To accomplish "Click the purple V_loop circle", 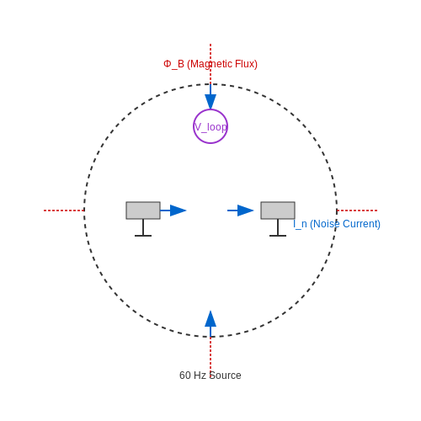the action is click(x=210, y=110).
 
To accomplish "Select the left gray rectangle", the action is click(x=143, y=210).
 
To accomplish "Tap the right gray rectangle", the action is click(x=278, y=210).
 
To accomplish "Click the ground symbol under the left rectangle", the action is click(x=143, y=235).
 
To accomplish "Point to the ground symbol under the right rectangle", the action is click(x=278, y=235).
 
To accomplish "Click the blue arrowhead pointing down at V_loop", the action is click(x=210, y=102).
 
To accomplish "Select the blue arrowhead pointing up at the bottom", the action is click(x=210, y=318).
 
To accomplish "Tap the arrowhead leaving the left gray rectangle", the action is click(x=178, y=210).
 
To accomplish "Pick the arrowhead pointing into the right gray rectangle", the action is click(x=245, y=210).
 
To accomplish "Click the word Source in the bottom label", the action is click(x=226, y=376).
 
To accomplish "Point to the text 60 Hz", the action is click(x=193, y=376).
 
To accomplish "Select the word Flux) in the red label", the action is click(x=246, y=64).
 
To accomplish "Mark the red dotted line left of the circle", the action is click(x=64, y=210).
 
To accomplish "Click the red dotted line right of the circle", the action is click(x=357, y=210).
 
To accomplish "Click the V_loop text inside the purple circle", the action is click(x=210, y=127).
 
